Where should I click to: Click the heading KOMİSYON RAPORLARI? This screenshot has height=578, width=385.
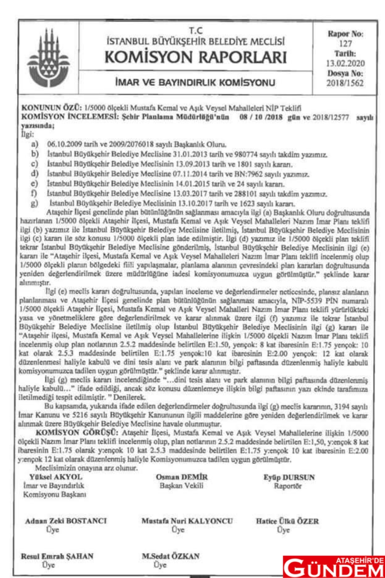click(x=195, y=57)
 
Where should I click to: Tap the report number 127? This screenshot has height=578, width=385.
click(x=345, y=44)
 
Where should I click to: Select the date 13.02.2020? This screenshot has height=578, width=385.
click(x=345, y=64)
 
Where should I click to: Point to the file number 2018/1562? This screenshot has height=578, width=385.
click(x=345, y=83)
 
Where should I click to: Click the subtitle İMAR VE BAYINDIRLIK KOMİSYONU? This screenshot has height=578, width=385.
click(x=195, y=83)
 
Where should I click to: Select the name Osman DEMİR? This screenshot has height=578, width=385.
click(x=181, y=477)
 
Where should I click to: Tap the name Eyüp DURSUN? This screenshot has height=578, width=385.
click(x=289, y=478)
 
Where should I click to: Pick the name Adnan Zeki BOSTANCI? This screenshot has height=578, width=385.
click(x=66, y=521)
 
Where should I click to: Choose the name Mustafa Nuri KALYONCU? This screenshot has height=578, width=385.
click(x=187, y=521)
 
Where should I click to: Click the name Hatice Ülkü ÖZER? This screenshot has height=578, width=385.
click(x=287, y=521)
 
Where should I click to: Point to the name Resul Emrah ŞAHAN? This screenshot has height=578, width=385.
click(x=57, y=556)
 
